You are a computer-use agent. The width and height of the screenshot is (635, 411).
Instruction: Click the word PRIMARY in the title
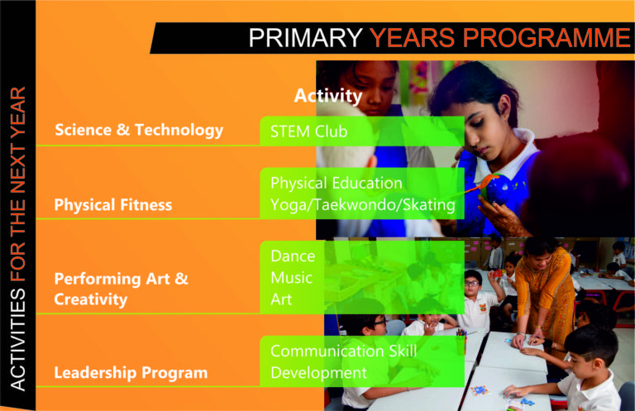coord(305,38)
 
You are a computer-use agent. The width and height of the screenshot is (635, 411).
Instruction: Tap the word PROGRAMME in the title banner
coord(547,38)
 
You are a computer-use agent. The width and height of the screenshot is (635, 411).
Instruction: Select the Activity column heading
coord(328,96)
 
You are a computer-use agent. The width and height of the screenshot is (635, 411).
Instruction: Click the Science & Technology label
coord(139,130)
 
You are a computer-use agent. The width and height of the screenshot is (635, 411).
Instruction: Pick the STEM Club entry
coord(308,131)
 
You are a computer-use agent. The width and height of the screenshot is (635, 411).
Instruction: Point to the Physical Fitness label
coord(113,205)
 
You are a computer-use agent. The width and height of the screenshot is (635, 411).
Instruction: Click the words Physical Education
coord(337,184)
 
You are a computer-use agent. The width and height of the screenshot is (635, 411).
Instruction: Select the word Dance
coord(293,256)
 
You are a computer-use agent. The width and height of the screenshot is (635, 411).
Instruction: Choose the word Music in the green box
coord(292,278)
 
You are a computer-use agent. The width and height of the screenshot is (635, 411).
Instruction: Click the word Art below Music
coord(281,299)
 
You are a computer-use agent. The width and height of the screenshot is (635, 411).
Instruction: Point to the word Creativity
coord(91,299)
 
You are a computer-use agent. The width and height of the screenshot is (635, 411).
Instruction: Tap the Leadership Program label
coord(131,372)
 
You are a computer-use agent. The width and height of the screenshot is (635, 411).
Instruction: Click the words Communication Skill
coord(343,351)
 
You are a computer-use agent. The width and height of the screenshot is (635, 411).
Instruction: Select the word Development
coord(318,373)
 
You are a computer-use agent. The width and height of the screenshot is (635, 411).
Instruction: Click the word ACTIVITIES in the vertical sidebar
coord(18,339)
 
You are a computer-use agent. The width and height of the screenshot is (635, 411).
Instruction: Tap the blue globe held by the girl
coord(498,189)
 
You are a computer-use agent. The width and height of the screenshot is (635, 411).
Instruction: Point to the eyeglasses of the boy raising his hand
coord(472,284)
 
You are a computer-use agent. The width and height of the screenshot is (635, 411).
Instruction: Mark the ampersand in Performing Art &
coord(181,279)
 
